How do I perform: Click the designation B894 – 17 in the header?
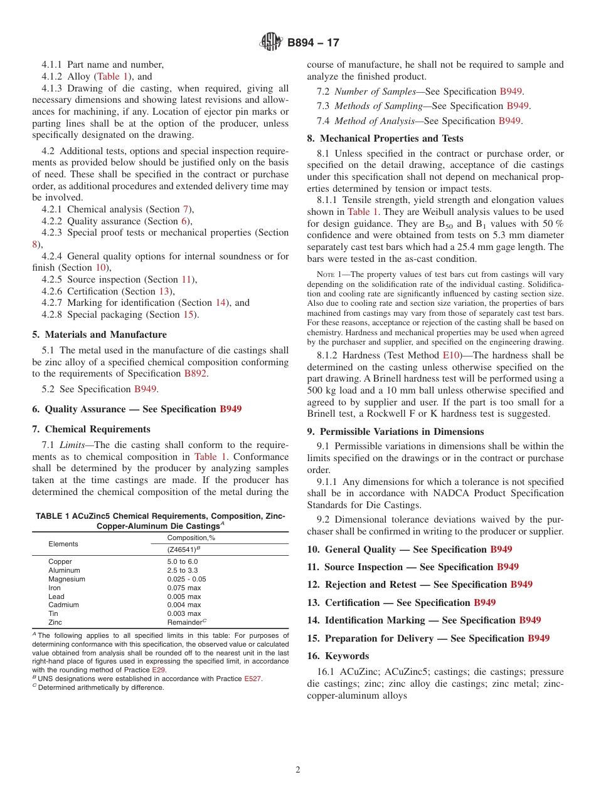[313, 43]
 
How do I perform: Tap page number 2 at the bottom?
[298, 770]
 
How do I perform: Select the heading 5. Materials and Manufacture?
[105, 335]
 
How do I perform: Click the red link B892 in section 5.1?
[195, 373]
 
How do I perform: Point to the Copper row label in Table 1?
[60, 562]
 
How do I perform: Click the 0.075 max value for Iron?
[184, 588]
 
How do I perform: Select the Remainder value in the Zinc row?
[184, 623]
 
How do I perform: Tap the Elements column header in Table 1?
[63, 544]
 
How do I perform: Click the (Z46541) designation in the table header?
[183, 550]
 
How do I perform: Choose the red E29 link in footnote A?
[159, 670]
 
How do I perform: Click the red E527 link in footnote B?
[253, 679]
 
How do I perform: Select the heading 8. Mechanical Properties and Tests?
[385, 138]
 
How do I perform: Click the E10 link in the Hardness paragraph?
[451, 355]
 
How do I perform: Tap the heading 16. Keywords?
[338, 656]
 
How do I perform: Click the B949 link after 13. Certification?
[484, 603]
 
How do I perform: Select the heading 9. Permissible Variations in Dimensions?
[395, 432]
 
